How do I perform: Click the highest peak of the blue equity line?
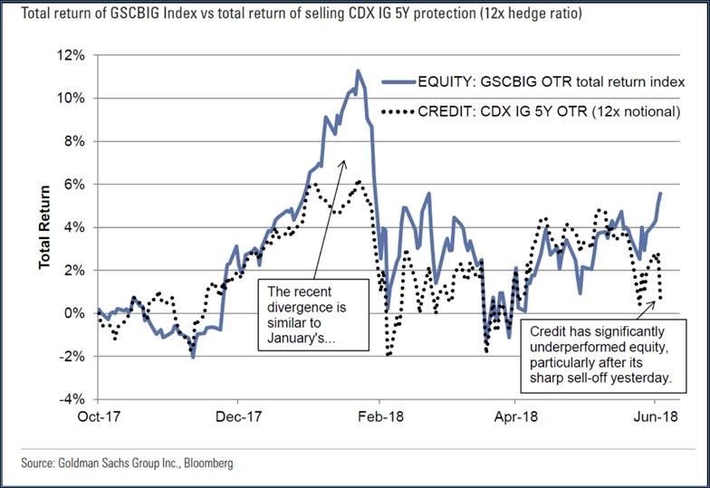pos(358,71)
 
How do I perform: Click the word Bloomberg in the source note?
pos(204,463)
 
